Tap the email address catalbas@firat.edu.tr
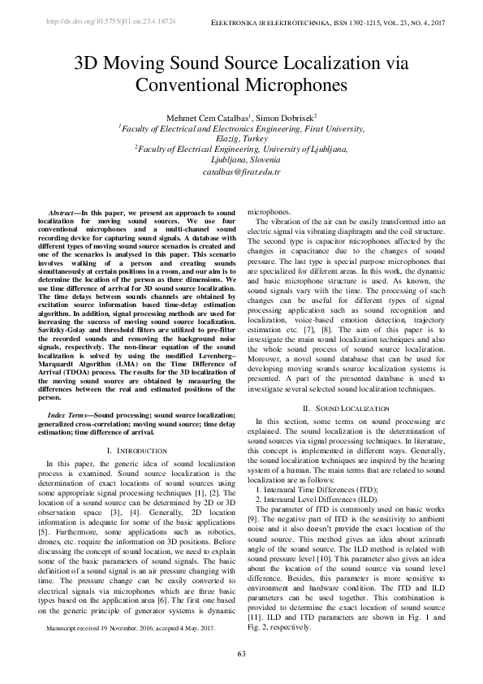click(241, 172)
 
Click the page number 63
click(241, 654)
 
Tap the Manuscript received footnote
click(130, 629)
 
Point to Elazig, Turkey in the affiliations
click(241, 139)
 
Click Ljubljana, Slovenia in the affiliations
click(241, 161)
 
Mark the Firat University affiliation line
click(241, 128)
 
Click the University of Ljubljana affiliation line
click(241, 150)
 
